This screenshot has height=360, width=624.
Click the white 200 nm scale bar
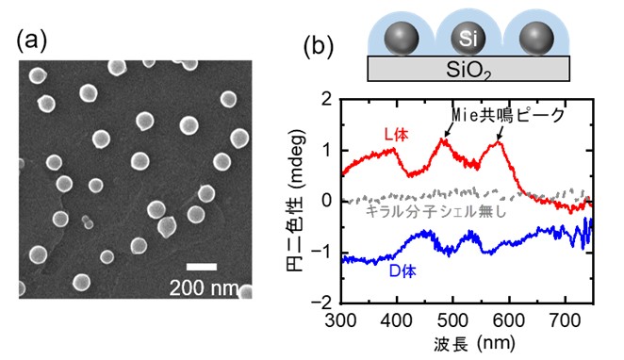coord(202,267)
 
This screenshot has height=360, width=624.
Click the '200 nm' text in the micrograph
coord(205,287)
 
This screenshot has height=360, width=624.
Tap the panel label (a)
coord(31,41)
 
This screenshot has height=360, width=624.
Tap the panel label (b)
coord(319,46)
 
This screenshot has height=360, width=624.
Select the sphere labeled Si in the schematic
coord(468,39)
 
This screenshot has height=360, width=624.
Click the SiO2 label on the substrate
coord(468,71)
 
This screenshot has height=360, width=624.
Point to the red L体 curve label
coord(396,136)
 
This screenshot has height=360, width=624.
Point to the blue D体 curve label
coord(402,271)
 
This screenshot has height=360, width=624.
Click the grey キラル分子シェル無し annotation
coord(435,211)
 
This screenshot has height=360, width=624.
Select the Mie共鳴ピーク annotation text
coord(508,115)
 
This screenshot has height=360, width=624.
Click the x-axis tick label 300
coord(340,320)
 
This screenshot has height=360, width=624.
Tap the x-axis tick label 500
coord(452,320)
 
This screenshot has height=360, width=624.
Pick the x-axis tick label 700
coord(565,320)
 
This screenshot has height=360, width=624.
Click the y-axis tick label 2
coord(327,99)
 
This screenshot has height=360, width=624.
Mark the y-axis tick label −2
coord(322,303)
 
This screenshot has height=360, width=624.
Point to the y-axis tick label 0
coord(327,201)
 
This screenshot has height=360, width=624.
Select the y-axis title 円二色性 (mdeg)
coord(295,201)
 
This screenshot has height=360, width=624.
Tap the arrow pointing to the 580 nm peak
coord(500,133)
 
